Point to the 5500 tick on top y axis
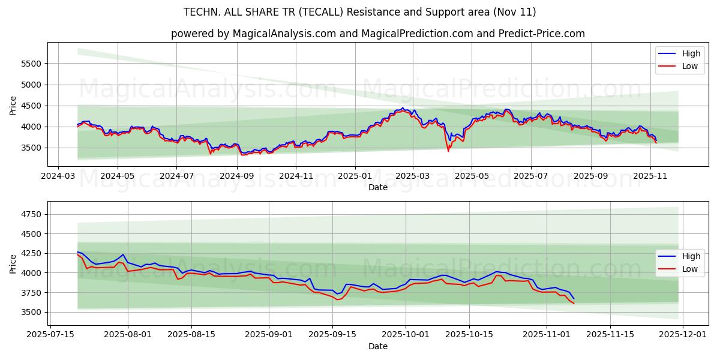tap(31, 64)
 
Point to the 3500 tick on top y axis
tap(31, 148)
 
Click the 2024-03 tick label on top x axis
tap(58, 176)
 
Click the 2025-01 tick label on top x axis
tap(355, 176)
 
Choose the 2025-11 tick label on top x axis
tap(650, 176)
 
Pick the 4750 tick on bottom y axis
tap(31, 214)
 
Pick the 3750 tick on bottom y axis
tap(31, 293)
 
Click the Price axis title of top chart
tap(13, 105)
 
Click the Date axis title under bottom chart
tap(377, 346)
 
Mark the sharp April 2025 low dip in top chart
tap(448, 151)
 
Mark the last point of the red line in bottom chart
tap(574, 304)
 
